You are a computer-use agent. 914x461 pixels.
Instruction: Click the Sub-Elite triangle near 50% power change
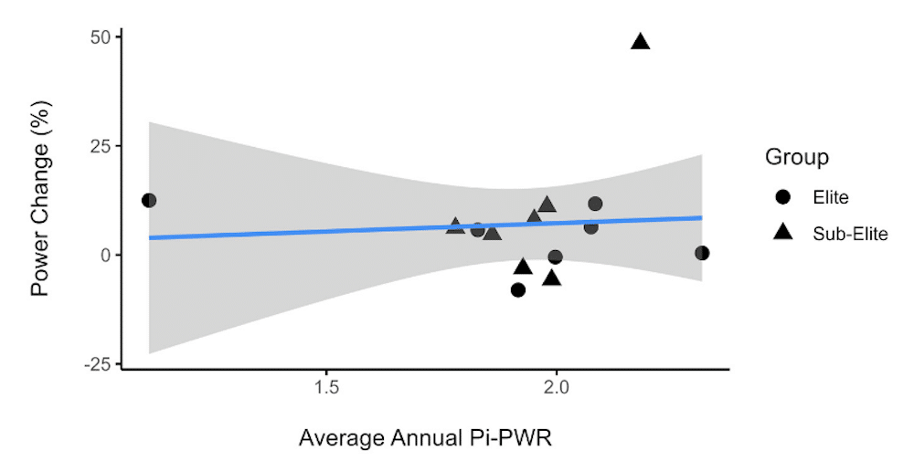click(640, 41)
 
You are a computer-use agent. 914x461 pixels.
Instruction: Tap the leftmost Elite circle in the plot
click(149, 200)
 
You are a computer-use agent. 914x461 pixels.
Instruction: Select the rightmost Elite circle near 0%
click(702, 253)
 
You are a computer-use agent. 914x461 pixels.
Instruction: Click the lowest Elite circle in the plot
click(518, 289)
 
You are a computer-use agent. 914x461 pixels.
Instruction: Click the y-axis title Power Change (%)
click(40, 199)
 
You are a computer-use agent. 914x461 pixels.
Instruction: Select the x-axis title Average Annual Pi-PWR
click(426, 438)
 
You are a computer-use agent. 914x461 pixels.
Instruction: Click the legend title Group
click(797, 157)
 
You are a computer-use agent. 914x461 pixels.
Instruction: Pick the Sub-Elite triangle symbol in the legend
click(783, 232)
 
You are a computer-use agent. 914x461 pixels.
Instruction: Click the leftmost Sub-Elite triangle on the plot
click(455, 225)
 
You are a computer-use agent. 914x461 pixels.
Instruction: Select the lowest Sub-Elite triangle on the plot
click(551, 278)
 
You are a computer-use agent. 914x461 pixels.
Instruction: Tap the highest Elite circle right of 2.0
click(595, 204)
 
